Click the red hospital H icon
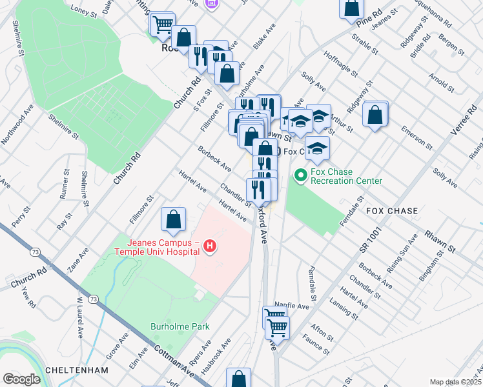coord(209,245)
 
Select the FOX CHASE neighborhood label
coord(391,211)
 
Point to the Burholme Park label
coord(180,326)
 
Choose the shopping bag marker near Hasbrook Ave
coord(238,379)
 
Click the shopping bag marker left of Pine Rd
coord(351,8)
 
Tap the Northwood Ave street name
coord(18,123)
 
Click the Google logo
coord(21,379)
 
